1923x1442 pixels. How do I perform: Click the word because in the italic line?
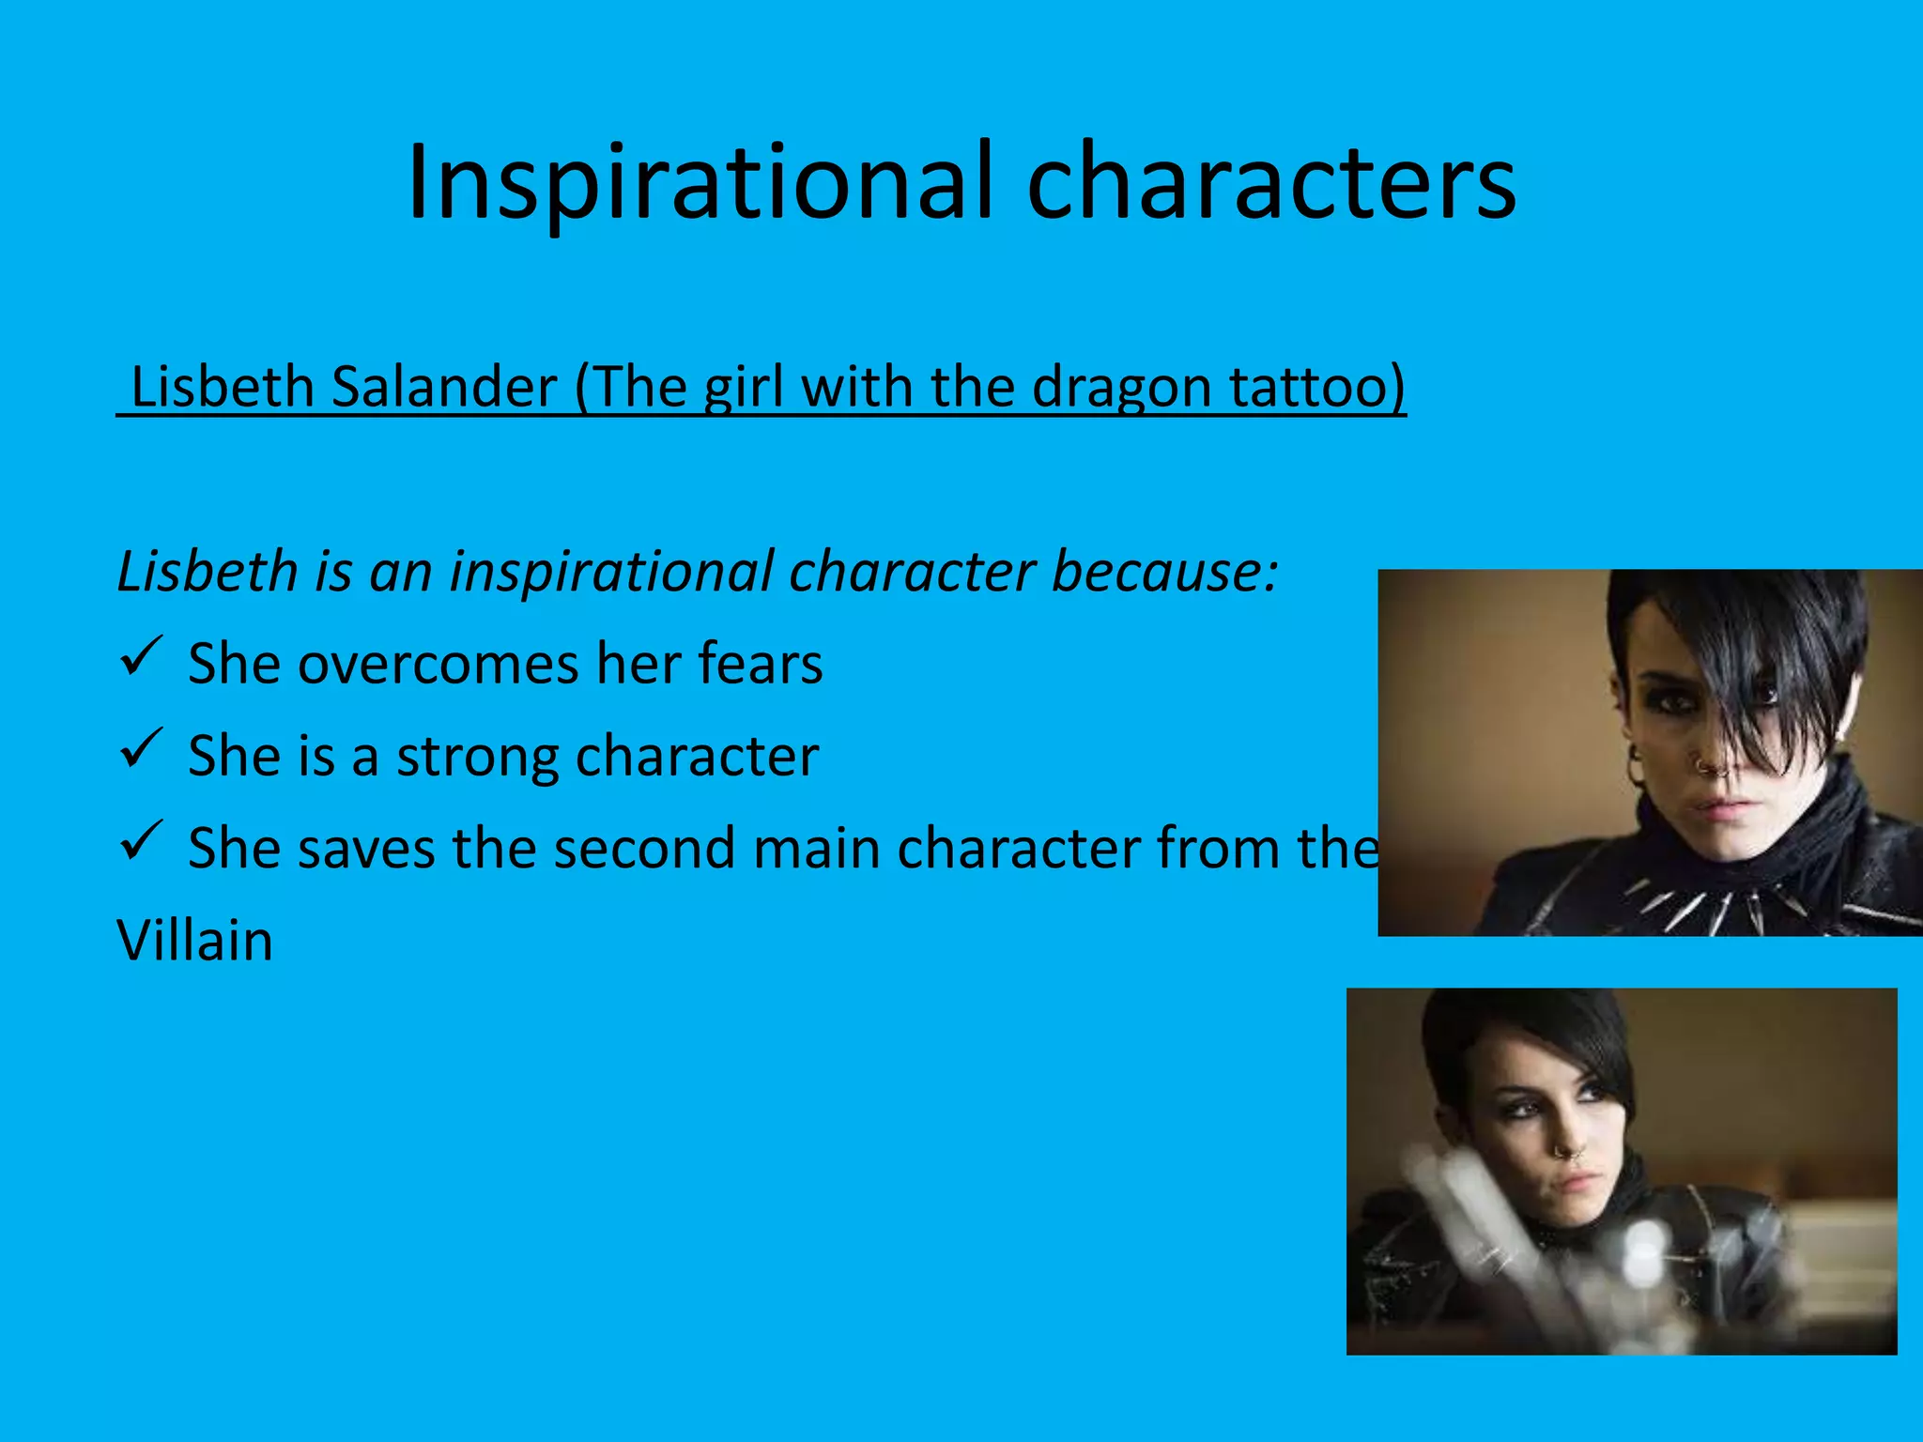(x=1164, y=571)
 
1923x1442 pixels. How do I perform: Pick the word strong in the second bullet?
(x=477, y=757)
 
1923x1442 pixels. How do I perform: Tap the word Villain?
(x=195, y=940)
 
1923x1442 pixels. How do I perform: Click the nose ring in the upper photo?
(x=1711, y=765)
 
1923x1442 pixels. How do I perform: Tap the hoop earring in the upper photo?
(x=1637, y=765)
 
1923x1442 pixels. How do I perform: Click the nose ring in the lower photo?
(x=1566, y=1150)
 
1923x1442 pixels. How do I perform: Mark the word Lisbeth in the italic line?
(x=208, y=571)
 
